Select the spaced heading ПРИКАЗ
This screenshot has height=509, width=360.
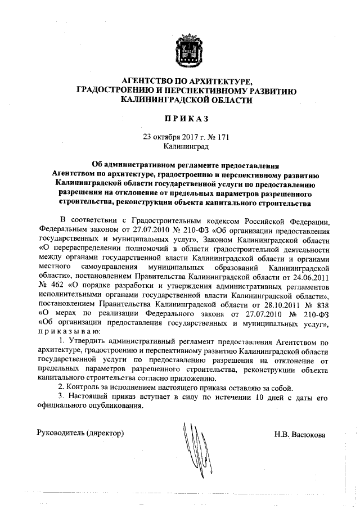click(x=186, y=118)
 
